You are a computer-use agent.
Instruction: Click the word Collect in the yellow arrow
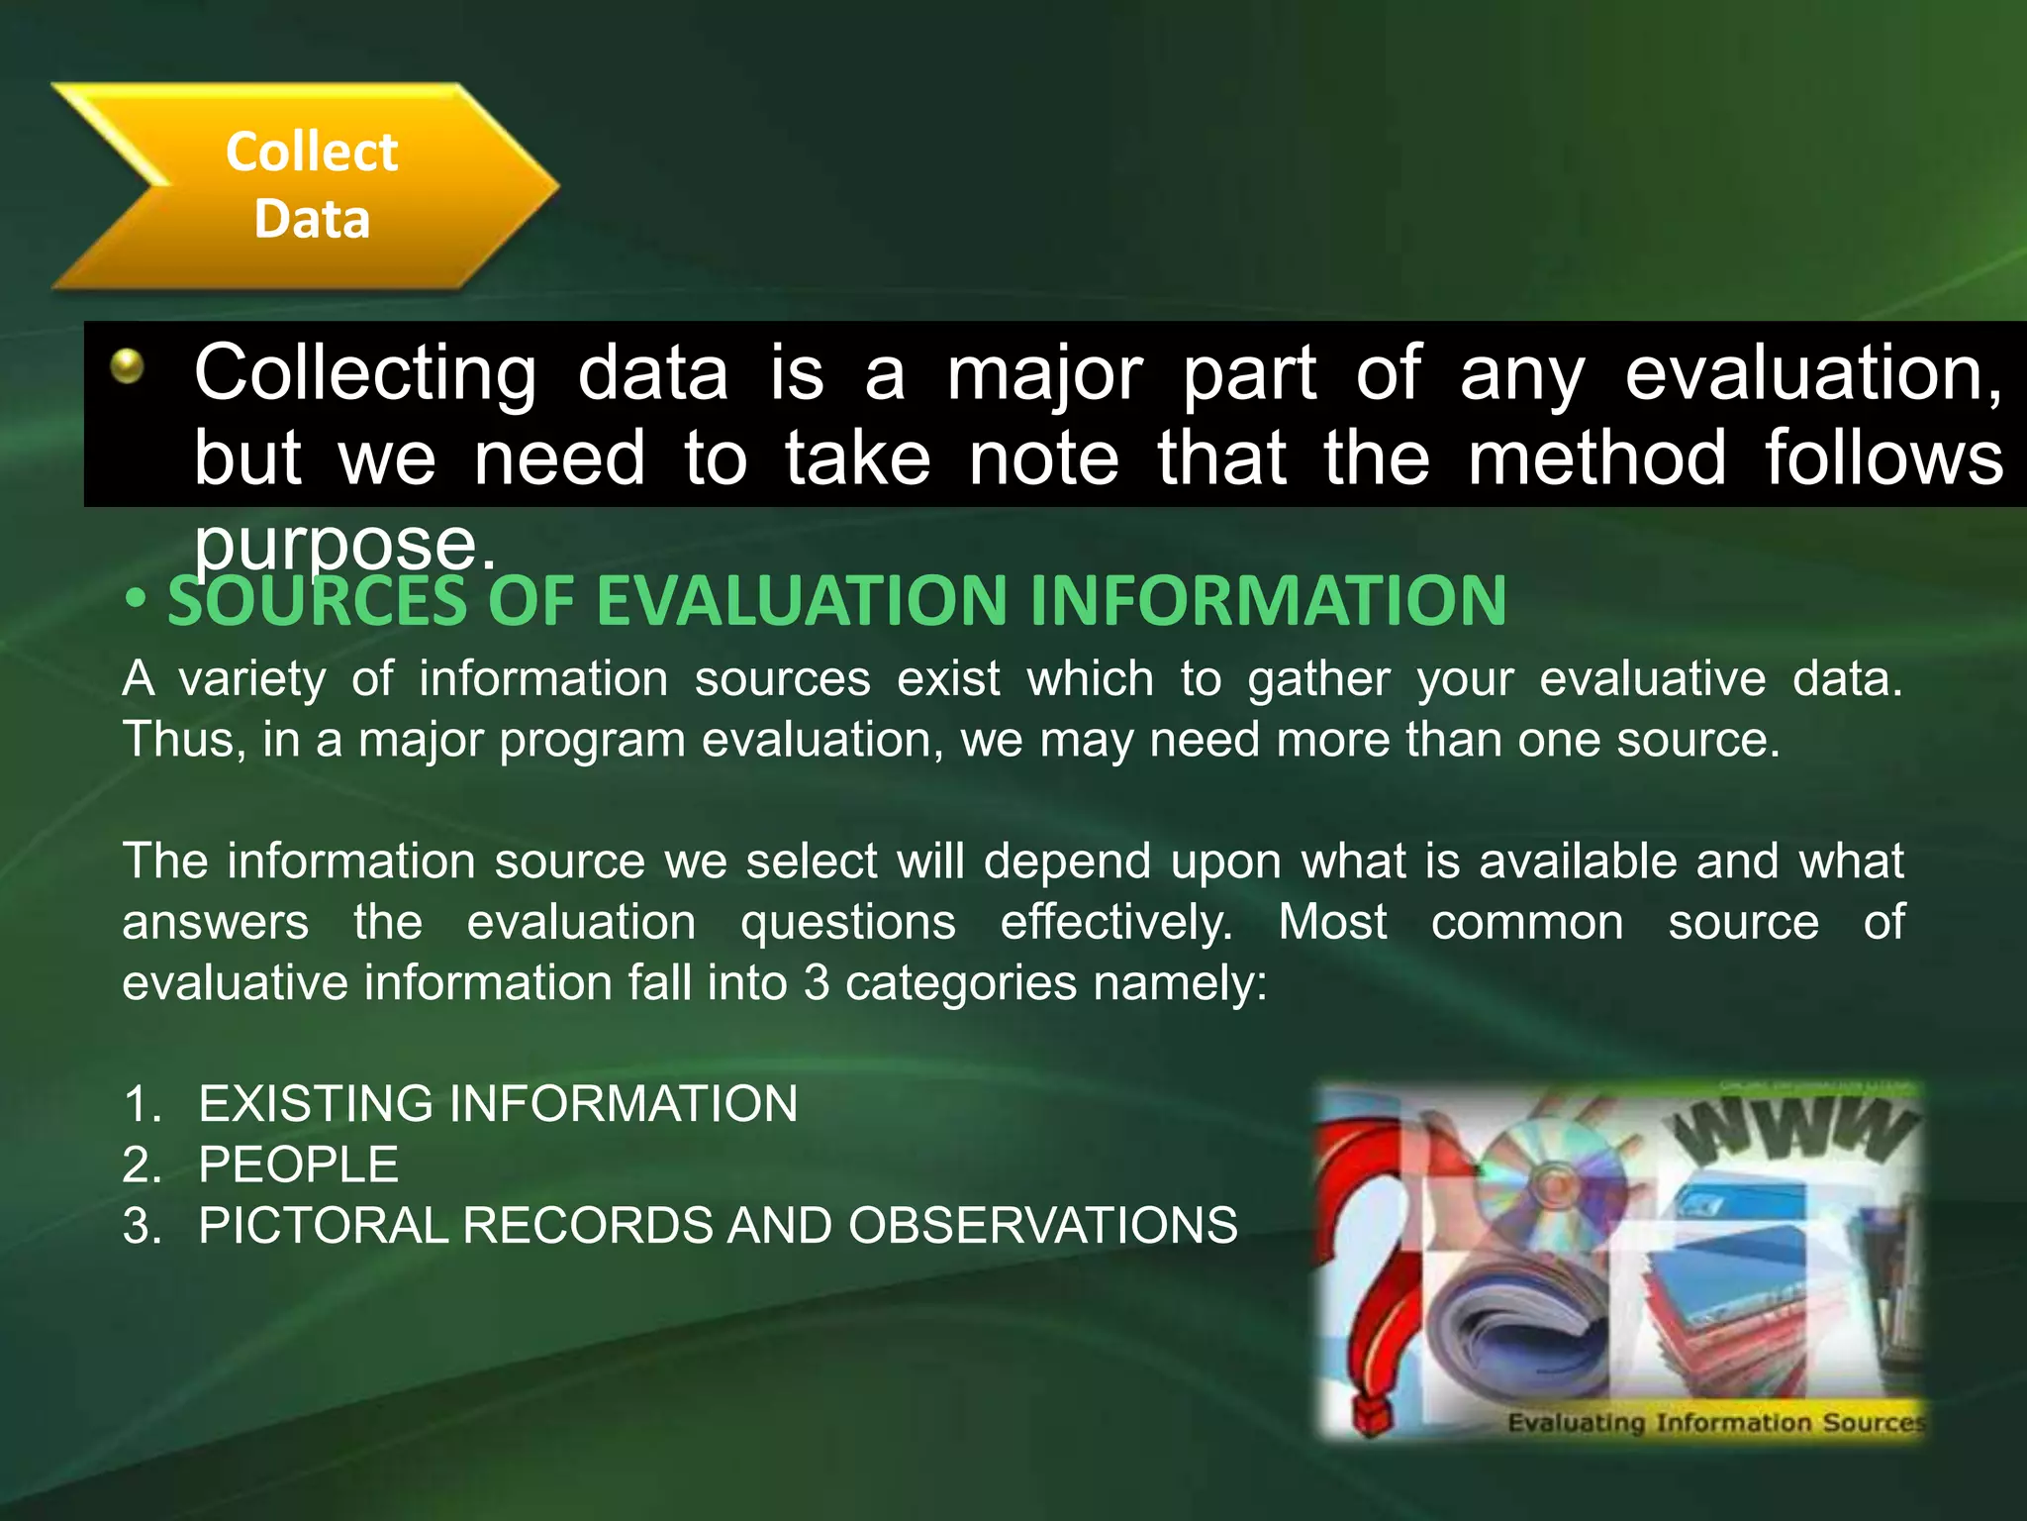[312, 152]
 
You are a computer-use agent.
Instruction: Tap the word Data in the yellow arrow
[312, 219]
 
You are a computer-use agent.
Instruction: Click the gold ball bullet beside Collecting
[128, 367]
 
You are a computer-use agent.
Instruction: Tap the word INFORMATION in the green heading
[1268, 601]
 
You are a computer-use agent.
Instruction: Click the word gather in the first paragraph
[1318, 680]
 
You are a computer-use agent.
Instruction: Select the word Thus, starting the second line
[183, 740]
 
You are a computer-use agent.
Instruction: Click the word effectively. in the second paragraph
[1116, 923]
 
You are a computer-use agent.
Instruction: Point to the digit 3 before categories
[817, 983]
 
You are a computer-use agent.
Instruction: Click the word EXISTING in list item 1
[316, 1104]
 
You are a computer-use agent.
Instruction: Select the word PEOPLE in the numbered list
[298, 1165]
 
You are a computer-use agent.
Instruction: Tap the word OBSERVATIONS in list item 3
[1042, 1226]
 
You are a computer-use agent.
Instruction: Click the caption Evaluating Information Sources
[1715, 1423]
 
